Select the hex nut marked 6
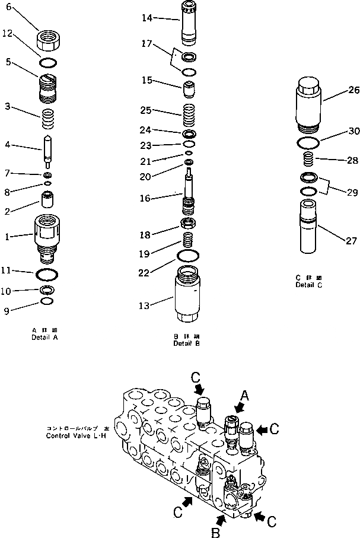pos(49,42)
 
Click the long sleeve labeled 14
pos(189,23)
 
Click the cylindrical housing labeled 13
pos(189,293)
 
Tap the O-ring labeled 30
pos(307,142)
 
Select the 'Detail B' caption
pos(187,343)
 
